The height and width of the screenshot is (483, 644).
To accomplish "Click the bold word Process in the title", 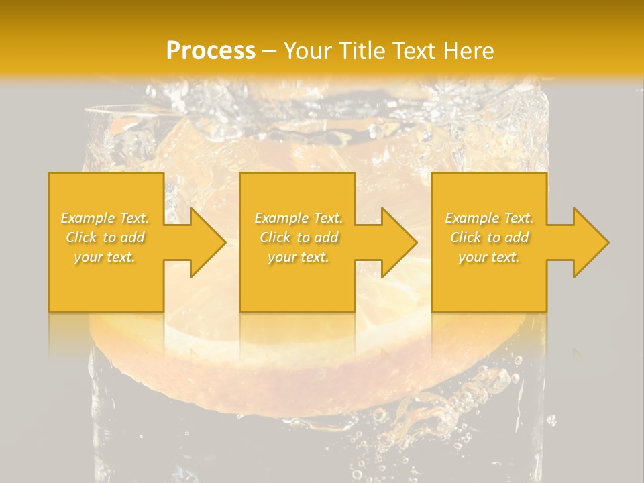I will click(x=211, y=50).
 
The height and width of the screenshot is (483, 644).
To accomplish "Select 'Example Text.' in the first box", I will click(x=105, y=218).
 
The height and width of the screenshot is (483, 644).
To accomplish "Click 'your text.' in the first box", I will click(x=105, y=257).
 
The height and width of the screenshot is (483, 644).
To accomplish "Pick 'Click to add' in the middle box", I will click(x=298, y=237).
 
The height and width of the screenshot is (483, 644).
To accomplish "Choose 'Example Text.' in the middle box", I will click(x=298, y=218).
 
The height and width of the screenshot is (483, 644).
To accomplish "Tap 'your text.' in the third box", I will click(x=489, y=257).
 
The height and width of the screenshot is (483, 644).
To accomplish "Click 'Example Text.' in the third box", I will click(x=489, y=218).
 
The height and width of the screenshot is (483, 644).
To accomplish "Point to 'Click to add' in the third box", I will click(x=489, y=237).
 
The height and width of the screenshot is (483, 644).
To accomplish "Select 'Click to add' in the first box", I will click(x=105, y=237).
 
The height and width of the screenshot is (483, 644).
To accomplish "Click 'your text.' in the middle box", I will click(x=298, y=257).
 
